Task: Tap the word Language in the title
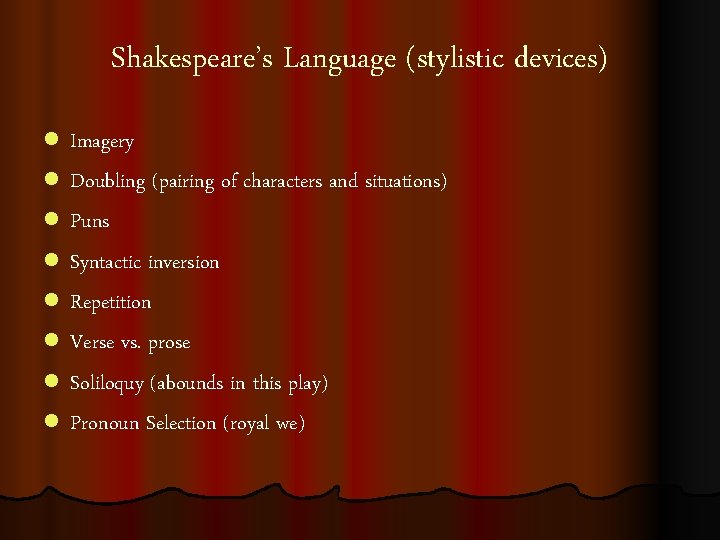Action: point(339,60)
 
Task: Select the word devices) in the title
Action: point(560,60)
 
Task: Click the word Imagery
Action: point(101,143)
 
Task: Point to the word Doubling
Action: point(107,183)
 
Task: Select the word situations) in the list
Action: point(405,182)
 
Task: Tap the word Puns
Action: point(89,221)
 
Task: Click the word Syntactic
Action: point(106,263)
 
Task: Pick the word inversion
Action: point(183,262)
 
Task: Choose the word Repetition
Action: point(110,303)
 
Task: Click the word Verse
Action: point(93,342)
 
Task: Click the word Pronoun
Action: point(105,423)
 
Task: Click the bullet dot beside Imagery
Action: point(51,142)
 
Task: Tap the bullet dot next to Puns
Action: point(51,222)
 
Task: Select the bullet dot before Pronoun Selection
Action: point(51,423)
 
